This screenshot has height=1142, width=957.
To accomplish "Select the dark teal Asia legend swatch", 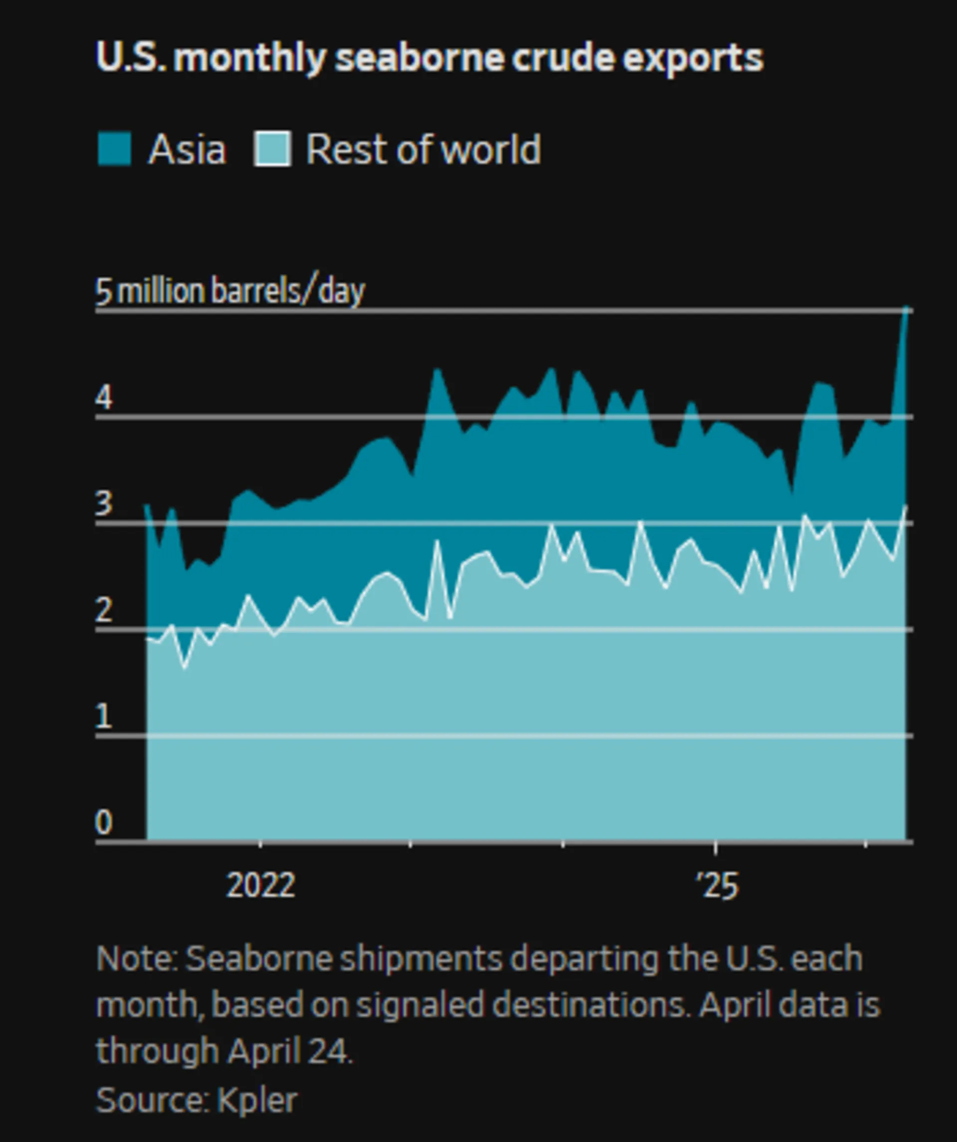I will coord(114,148).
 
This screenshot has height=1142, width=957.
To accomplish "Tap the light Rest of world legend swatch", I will coord(272,148).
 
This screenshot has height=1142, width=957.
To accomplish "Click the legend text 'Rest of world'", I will coord(423,148).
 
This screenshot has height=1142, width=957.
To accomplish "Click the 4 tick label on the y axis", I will coord(104,398).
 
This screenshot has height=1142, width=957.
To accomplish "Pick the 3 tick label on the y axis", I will coord(104,504).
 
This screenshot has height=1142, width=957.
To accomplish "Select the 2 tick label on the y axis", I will coord(104,610).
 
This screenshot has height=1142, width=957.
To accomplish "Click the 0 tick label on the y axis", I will coord(104,822).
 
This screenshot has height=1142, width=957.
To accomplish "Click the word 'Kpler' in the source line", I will coord(257,1101).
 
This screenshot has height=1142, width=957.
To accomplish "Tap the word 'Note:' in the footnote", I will coord(137,959).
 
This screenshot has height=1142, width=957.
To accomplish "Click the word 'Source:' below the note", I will coord(153,1101).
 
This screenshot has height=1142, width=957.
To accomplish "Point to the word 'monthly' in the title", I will coord(250,58).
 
